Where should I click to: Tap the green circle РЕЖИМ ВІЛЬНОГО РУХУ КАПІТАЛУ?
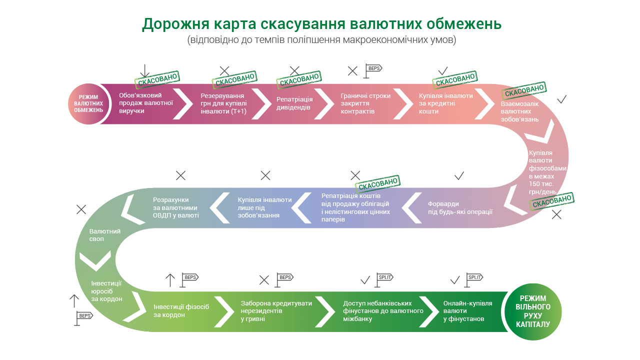pyautogui.click(x=533, y=311)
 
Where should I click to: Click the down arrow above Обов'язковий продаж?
pyautogui.click(x=145, y=71)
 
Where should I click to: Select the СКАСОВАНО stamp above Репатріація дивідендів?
pyautogui.click(x=298, y=80)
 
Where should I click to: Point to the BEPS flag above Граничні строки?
pyautogui.click(x=372, y=70)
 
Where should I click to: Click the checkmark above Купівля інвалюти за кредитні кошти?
pyautogui.click(x=443, y=70)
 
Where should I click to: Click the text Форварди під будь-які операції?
pyautogui.click(x=460, y=207)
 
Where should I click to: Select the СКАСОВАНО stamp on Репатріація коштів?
pyautogui.click(x=377, y=184)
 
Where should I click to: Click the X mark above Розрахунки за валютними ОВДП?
pyautogui.click(x=181, y=175)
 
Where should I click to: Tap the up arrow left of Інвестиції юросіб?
pyautogui.click(x=74, y=301)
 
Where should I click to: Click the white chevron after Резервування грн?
pyautogui.click(x=260, y=103)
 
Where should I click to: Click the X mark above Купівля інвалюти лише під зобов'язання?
pyautogui.click(x=265, y=175)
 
